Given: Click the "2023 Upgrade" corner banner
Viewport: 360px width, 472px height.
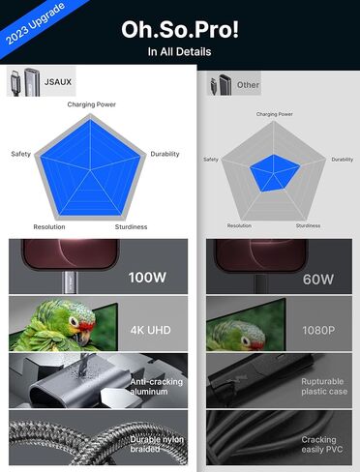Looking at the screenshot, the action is (x=35, y=23).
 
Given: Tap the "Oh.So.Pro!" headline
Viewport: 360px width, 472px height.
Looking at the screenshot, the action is (x=180, y=30).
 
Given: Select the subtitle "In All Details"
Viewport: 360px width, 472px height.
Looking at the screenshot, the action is (x=179, y=51).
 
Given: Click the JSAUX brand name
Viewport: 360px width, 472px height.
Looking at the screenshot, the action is (x=58, y=82).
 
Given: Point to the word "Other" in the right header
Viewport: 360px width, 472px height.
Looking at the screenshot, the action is (x=248, y=85).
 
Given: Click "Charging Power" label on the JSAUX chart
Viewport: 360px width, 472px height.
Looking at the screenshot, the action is (x=92, y=104).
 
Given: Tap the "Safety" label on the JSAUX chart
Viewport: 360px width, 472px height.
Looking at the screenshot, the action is (x=21, y=154).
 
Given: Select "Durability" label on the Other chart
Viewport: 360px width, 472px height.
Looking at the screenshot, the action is (x=343, y=160).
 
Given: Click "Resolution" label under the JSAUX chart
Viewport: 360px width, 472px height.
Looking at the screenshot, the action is (x=49, y=227).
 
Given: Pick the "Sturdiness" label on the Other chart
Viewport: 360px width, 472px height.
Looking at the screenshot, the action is (x=308, y=225).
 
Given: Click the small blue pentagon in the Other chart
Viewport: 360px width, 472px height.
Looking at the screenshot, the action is (x=274, y=172).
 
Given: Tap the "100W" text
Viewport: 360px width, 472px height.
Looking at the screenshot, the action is (x=147, y=278).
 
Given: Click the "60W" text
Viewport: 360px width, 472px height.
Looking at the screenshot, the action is (x=318, y=280).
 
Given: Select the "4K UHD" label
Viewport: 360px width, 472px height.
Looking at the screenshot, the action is (x=151, y=330).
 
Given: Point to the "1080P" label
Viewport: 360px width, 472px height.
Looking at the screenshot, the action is (x=318, y=330).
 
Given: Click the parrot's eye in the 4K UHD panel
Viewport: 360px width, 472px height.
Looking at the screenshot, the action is (x=74, y=321).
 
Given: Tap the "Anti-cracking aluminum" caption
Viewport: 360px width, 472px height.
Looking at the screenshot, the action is (x=157, y=387).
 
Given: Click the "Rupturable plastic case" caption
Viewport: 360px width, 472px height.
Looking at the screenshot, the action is (x=324, y=386).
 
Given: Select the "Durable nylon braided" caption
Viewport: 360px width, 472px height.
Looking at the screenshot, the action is (x=157, y=444).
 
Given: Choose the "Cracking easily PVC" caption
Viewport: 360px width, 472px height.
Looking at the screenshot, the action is (x=322, y=445).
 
